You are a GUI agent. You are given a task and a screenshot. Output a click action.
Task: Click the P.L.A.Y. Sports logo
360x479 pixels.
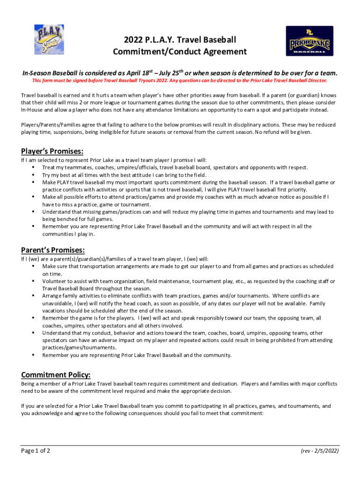tap(49, 40)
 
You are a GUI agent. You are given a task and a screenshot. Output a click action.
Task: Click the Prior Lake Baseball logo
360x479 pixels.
tap(310, 41)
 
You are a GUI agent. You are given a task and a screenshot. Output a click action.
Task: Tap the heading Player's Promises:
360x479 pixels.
tap(52, 151)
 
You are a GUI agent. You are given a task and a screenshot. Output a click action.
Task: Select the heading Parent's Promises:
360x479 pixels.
tap(53, 250)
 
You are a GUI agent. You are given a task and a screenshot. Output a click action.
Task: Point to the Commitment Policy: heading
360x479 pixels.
tap(56, 375)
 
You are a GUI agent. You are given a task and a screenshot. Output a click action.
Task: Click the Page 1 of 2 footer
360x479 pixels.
tap(36, 451)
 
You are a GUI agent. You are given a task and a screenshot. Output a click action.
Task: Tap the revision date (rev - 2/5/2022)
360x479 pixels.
tap(320, 451)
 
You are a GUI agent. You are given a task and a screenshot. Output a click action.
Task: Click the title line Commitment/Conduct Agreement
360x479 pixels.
tap(180, 51)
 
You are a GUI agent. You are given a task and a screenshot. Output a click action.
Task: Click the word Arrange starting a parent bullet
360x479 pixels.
tap(53, 296)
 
